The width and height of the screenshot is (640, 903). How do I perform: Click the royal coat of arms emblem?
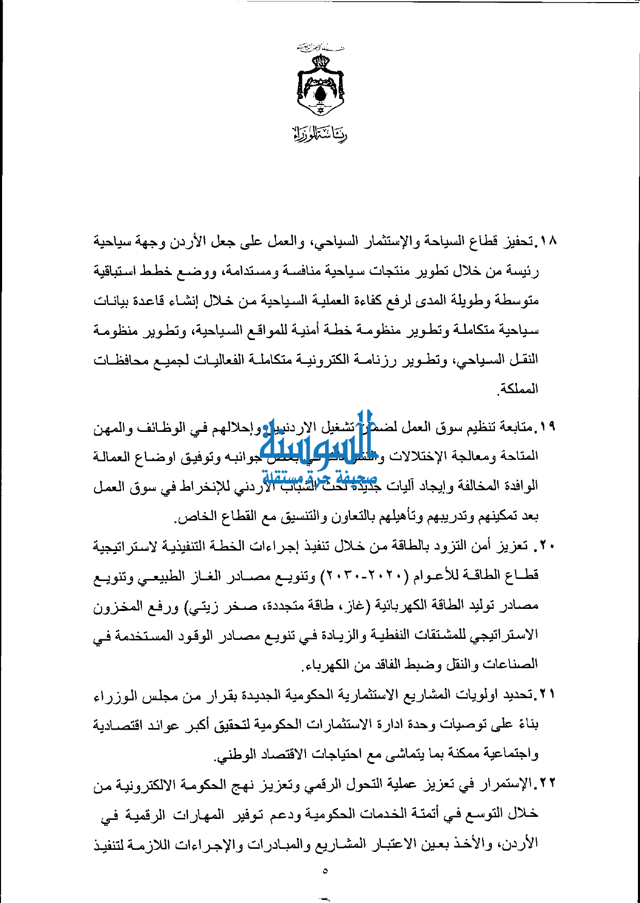coord(321,83)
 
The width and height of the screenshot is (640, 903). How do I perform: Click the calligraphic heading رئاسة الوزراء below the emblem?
coord(320,134)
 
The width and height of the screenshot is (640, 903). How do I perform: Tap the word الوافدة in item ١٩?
coord(518,486)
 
